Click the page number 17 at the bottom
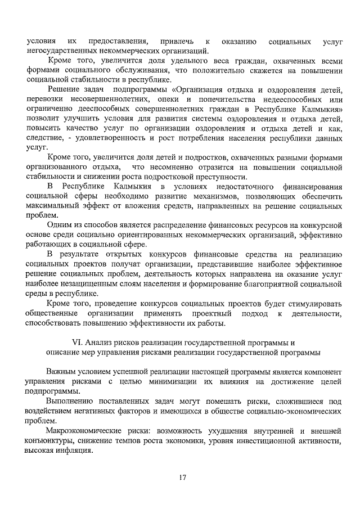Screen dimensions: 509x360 coord(183,478)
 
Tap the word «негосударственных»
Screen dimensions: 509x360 coord(59,51)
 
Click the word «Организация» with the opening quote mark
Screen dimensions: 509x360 coord(201,91)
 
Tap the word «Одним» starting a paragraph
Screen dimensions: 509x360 coord(60,224)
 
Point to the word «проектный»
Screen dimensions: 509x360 coord(212,313)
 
